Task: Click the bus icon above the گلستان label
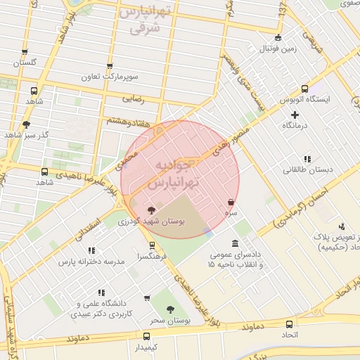tap(25, 52)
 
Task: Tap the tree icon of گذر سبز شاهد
tap(27, 124)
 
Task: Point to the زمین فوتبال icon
tap(278, 38)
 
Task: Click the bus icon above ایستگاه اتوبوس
tap(304, 89)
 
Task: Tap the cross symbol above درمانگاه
tap(295, 114)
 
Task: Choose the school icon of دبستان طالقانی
tap(306, 159)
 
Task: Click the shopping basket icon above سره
tap(231, 202)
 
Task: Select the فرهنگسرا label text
tap(153, 257)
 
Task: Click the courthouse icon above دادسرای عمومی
tap(235, 243)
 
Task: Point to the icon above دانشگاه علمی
tap(103, 292)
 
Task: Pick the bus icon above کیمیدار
tap(146, 336)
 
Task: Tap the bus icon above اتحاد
tap(289, 324)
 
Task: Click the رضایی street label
tap(133, 98)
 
